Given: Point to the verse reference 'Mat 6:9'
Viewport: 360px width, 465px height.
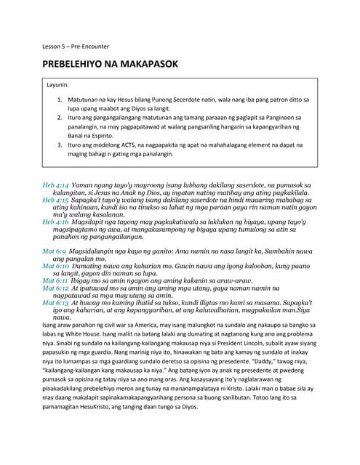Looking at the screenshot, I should click(x=56, y=250).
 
